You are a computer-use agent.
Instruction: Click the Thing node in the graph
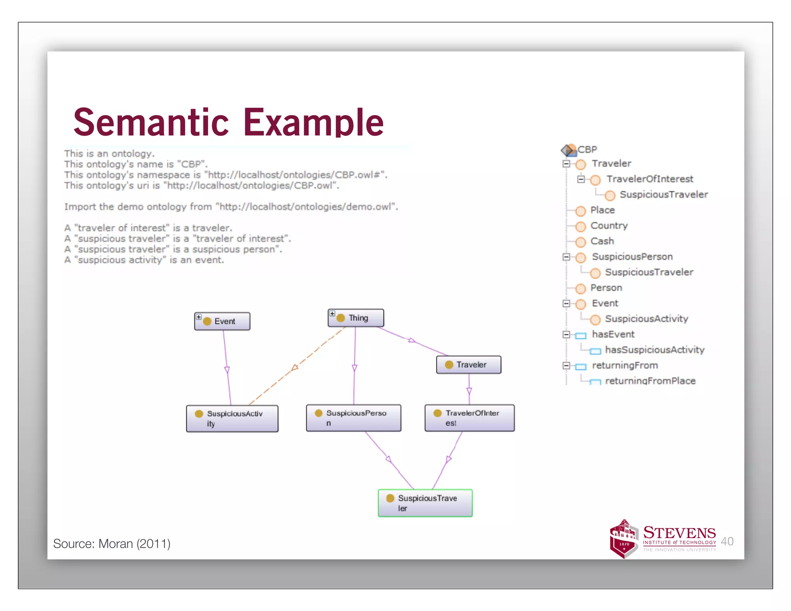coord(356,318)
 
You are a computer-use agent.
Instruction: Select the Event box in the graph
coord(222,321)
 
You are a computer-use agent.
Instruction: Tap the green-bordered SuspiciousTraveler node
coord(425,503)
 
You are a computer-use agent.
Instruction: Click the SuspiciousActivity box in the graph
coord(232,418)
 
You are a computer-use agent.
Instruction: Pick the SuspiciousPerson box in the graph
coord(353,418)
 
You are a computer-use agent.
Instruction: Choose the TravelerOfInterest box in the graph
coord(469,418)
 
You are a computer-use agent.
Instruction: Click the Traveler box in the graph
coord(468,365)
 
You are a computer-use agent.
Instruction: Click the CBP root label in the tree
coord(587,149)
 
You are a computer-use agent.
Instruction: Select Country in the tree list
coord(609,226)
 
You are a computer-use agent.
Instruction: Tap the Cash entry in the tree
coord(602,241)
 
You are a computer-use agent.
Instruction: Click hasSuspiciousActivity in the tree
coord(654,350)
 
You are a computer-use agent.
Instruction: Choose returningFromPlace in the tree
coord(650,381)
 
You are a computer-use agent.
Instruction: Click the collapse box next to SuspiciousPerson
coord(566,257)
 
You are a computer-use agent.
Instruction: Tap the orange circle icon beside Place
coord(581,211)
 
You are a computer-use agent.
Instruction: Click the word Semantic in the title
coord(151,122)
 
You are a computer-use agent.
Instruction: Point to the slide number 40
coord(727,541)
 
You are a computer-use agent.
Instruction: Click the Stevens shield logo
coord(623,539)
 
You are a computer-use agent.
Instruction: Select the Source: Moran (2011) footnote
coord(112,543)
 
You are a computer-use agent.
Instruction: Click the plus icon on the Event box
coord(199,317)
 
